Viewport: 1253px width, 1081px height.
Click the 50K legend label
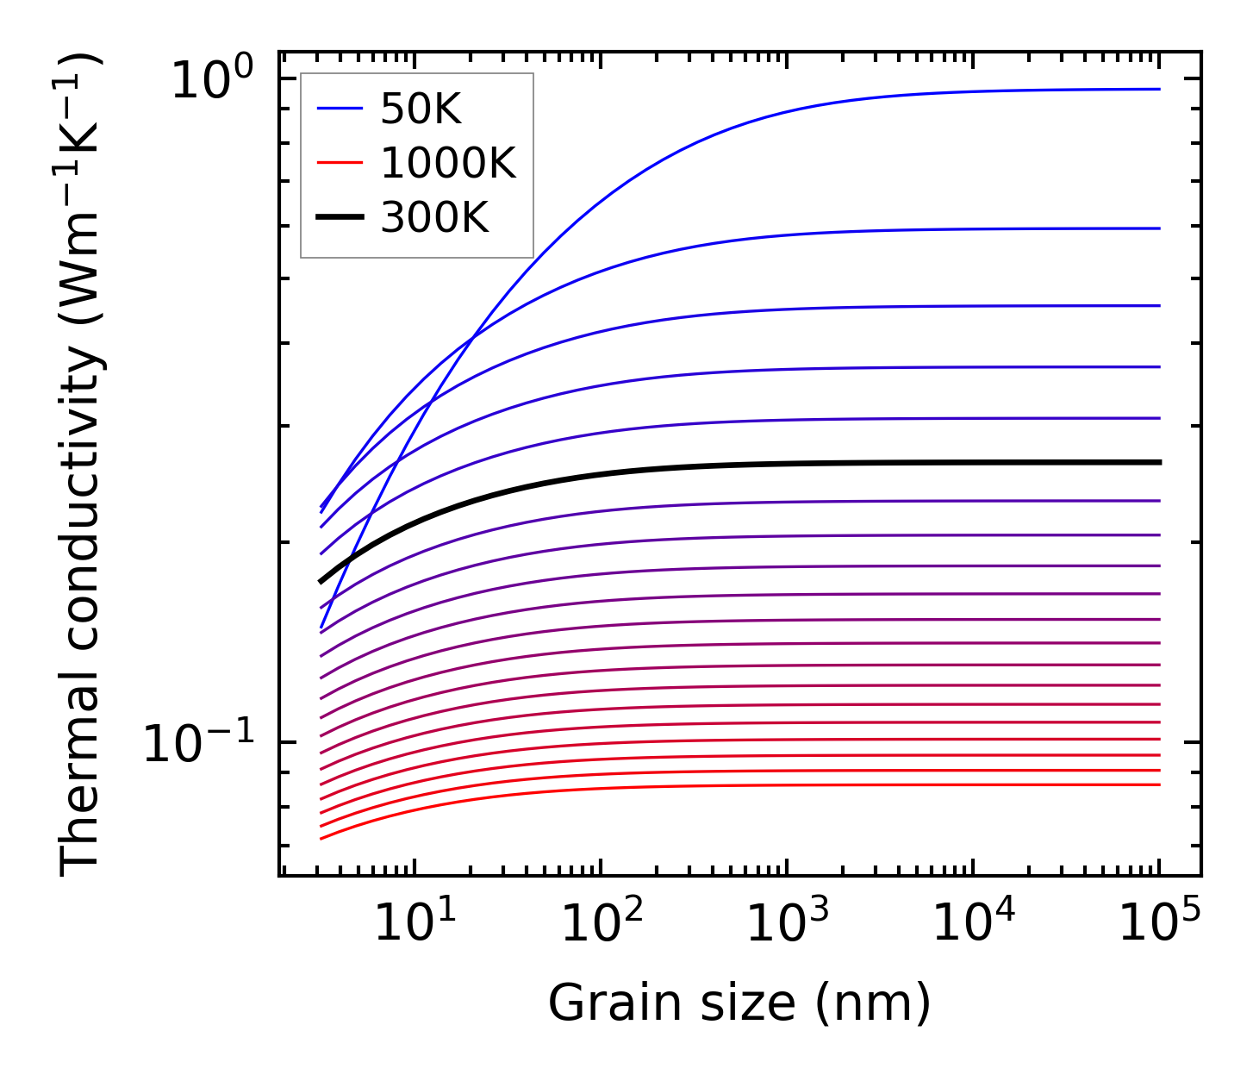coord(421,109)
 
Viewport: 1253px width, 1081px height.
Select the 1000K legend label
coord(448,164)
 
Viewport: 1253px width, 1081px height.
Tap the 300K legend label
coord(434,219)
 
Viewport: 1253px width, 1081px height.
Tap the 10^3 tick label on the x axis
coord(787,923)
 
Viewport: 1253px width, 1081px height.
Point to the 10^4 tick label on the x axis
coord(973,923)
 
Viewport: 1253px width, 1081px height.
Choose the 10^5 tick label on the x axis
coord(1159,923)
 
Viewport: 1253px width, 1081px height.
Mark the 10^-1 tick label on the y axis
coord(199,743)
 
